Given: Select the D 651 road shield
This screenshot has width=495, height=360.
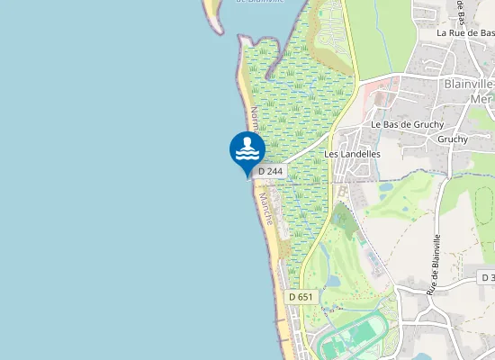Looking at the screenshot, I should pos(302,297).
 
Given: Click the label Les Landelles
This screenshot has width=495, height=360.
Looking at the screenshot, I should pos(352,154).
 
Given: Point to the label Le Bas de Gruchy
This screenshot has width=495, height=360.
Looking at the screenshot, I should pos(404,124).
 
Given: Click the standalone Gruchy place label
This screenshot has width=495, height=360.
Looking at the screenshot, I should pos(452,139).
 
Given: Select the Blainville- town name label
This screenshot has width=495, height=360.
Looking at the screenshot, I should pos(469,82).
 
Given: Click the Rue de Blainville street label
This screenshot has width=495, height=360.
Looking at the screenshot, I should pos(435,264).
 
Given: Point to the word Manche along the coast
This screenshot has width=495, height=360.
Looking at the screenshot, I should pos(266,209).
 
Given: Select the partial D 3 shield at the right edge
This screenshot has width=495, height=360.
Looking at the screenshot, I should pos(488,279).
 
